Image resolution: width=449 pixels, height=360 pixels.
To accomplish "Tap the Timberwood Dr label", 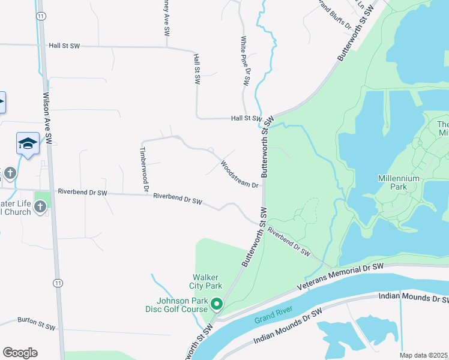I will [143, 169].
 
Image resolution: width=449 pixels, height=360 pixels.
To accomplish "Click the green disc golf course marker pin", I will [217, 304].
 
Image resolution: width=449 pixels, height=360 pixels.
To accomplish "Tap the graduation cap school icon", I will [28, 143].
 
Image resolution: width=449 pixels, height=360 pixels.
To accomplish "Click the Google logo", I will [20, 353].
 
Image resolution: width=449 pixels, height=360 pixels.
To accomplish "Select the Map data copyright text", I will [424, 355].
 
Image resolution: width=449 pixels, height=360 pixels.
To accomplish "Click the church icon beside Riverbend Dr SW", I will [40, 208].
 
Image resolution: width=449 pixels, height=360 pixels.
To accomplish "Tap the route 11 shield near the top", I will [40, 16].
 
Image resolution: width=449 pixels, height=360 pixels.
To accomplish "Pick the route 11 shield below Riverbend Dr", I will [58, 282].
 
